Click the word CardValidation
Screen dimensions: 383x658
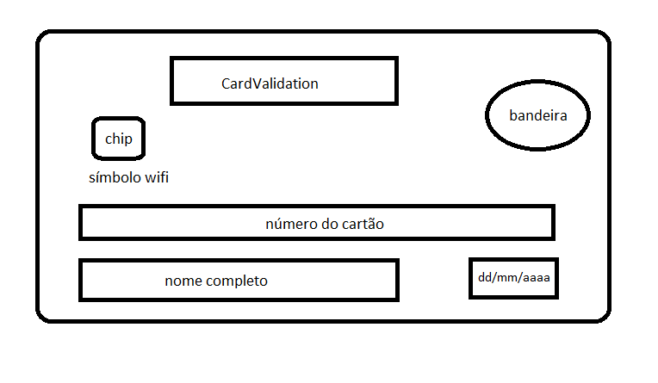pyautogui.click(x=270, y=83)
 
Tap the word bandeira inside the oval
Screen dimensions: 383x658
pyautogui.click(x=537, y=115)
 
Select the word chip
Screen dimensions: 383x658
pyautogui.click(x=119, y=139)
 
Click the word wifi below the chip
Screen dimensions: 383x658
pyautogui.click(x=156, y=178)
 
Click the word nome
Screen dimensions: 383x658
pyautogui.click(x=183, y=281)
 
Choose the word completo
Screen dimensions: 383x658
pyautogui.click(x=236, y=281)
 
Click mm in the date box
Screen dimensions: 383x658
pyautogui.click(x=508, y=279)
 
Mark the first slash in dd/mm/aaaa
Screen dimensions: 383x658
pyautogui.click(x=494, y=279)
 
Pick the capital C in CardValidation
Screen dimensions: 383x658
pyautogui.click(x=227, y=83)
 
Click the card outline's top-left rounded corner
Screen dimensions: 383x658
pyautogui.click(x=43, y=40)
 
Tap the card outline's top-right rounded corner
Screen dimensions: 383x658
pyautogui.click(x=602, y=40)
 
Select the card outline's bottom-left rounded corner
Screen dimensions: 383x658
pyautogui.click(x=43, y=315)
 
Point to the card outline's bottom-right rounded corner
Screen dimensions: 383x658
pyautogui.click(x=602, y=315)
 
